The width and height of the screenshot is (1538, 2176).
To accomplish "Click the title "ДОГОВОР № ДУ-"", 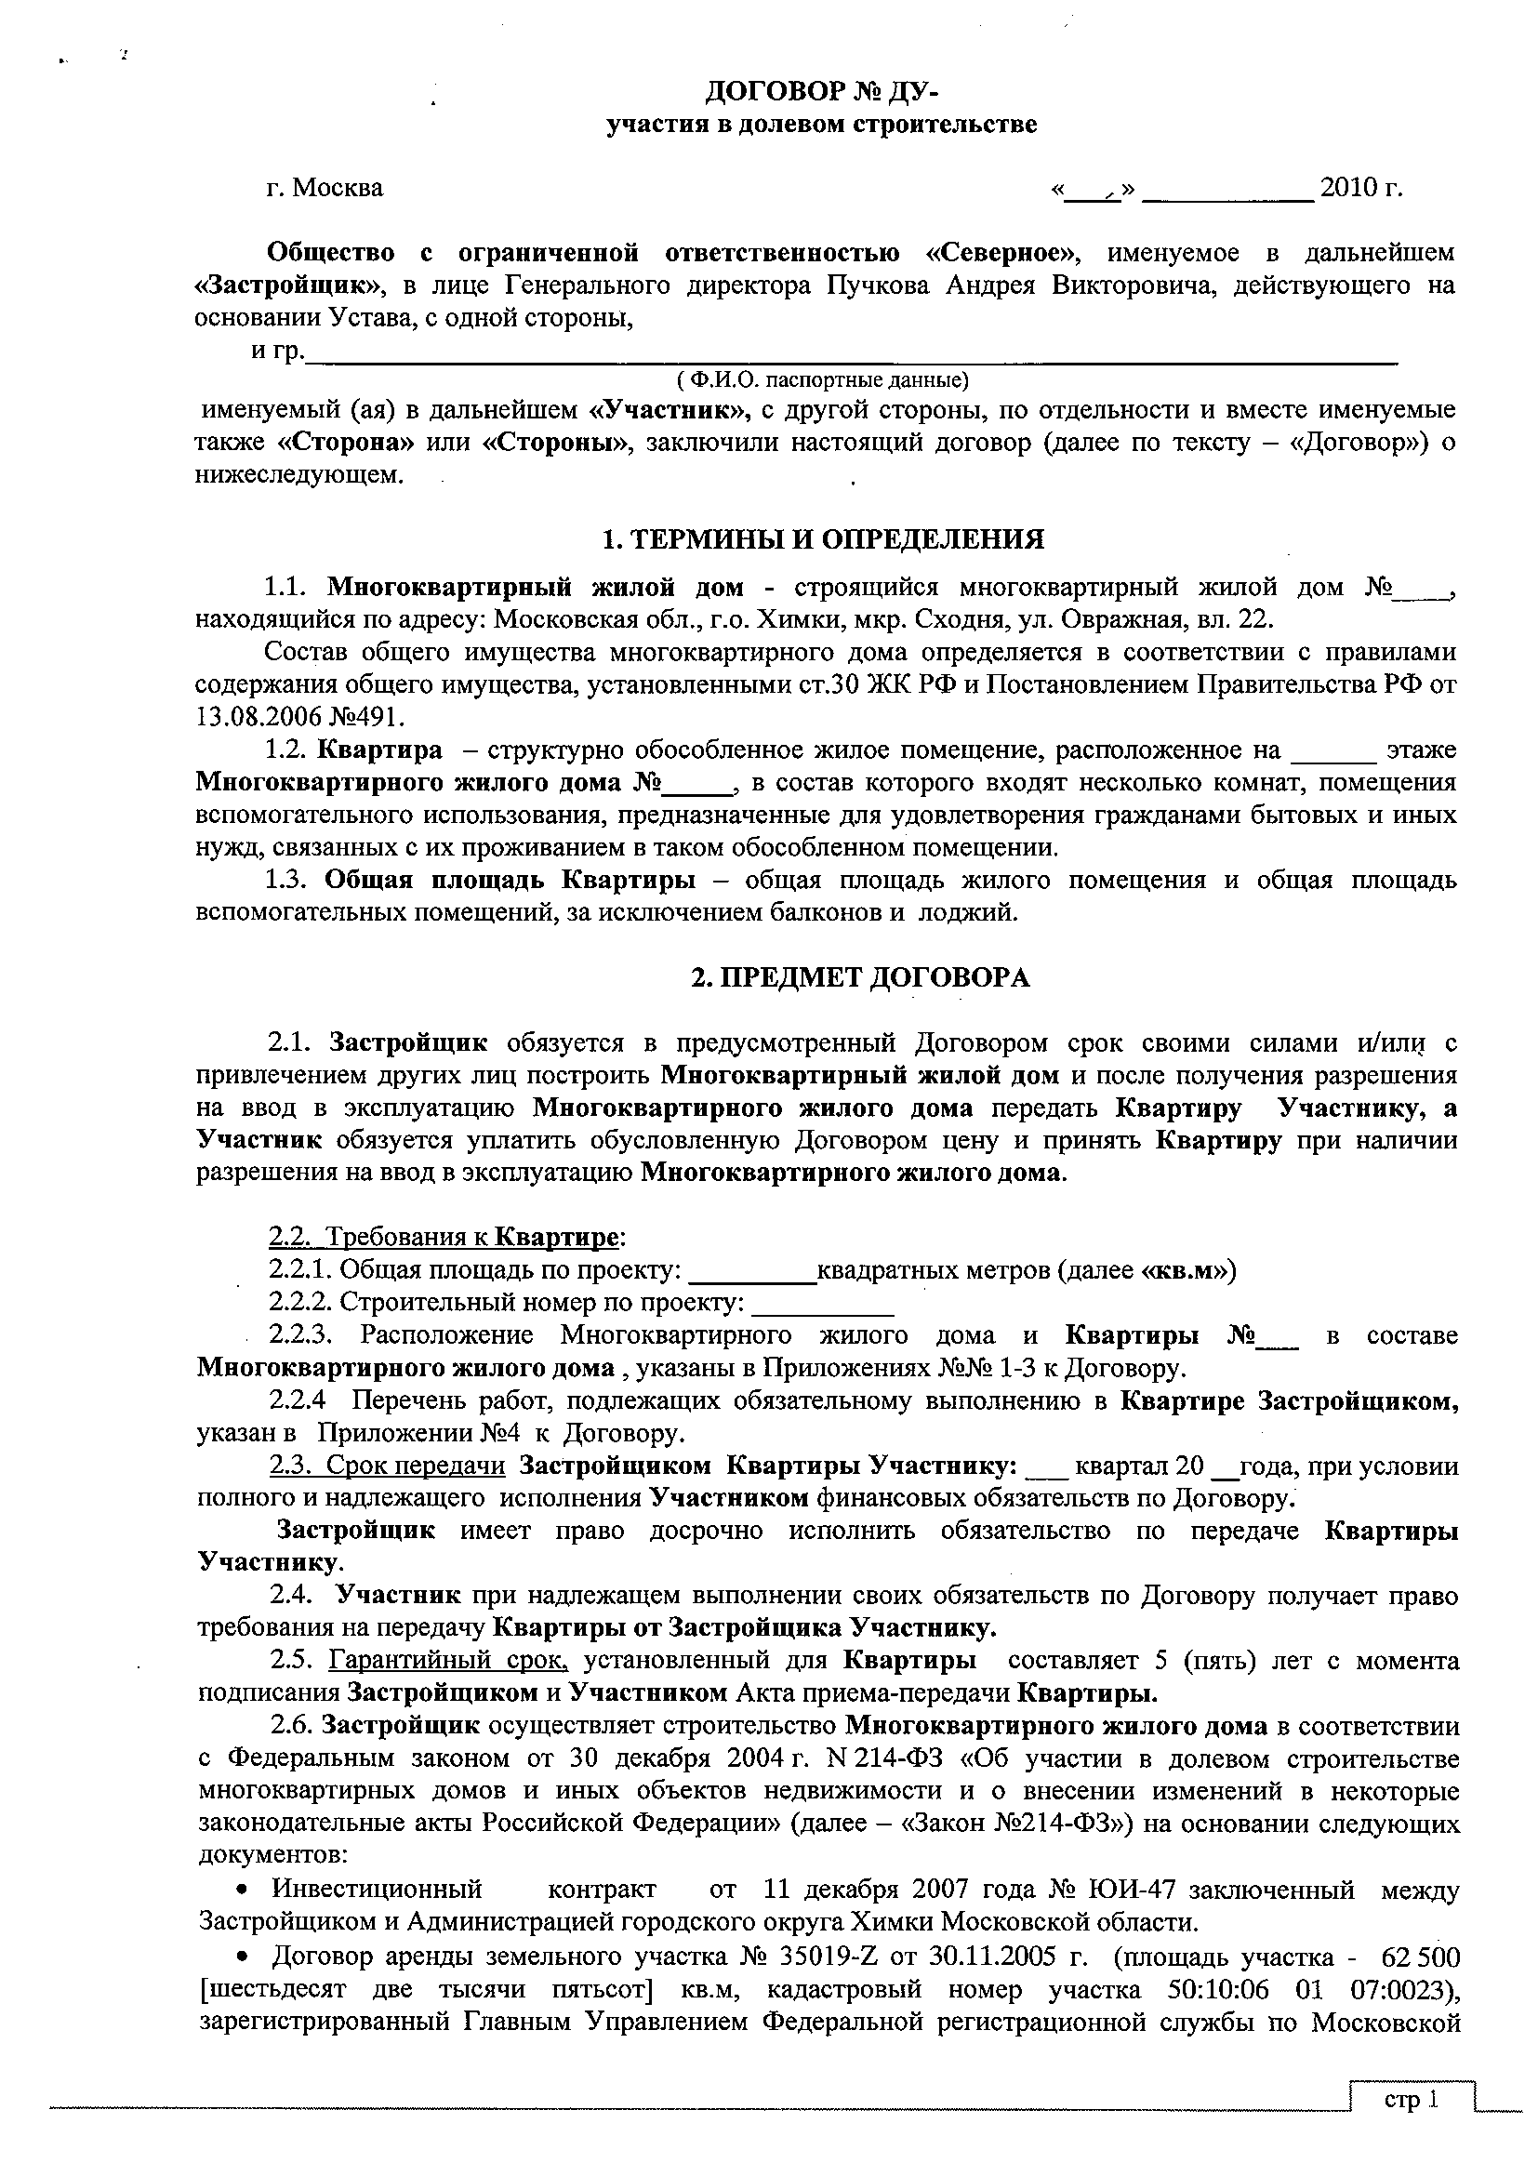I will [x=821, y=92].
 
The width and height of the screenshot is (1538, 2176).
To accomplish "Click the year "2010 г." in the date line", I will [x=1360, y=187].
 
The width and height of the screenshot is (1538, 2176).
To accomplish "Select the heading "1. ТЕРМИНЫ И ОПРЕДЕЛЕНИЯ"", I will [x=824, y=539].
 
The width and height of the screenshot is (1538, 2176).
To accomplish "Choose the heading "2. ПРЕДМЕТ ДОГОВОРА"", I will [x=859, y=977].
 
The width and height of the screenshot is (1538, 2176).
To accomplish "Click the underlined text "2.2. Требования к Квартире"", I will [x=444, y=1237].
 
